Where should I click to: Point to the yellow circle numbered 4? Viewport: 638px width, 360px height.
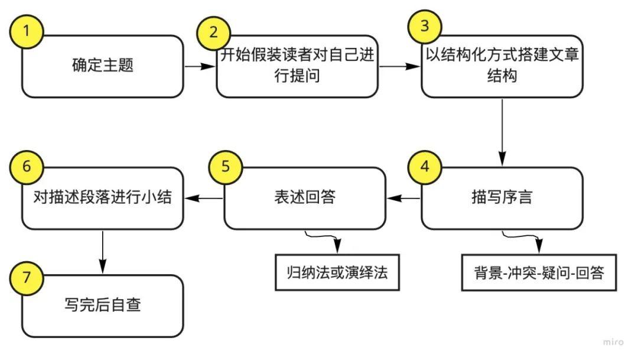click(424, 166)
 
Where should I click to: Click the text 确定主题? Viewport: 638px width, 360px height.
click(103, 66)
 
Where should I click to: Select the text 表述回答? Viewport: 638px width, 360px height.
click(305, 197)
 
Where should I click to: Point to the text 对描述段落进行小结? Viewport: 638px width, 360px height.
click(103, 197)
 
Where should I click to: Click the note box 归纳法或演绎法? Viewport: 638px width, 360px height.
click(337, 273)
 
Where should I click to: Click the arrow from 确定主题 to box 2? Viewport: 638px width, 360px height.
click(200, 66)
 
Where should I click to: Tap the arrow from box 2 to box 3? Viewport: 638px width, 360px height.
click(399, 66)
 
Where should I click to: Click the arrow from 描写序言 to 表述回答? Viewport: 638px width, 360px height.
click(403, 199)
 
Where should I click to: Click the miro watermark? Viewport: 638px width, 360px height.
click(613, 342)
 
